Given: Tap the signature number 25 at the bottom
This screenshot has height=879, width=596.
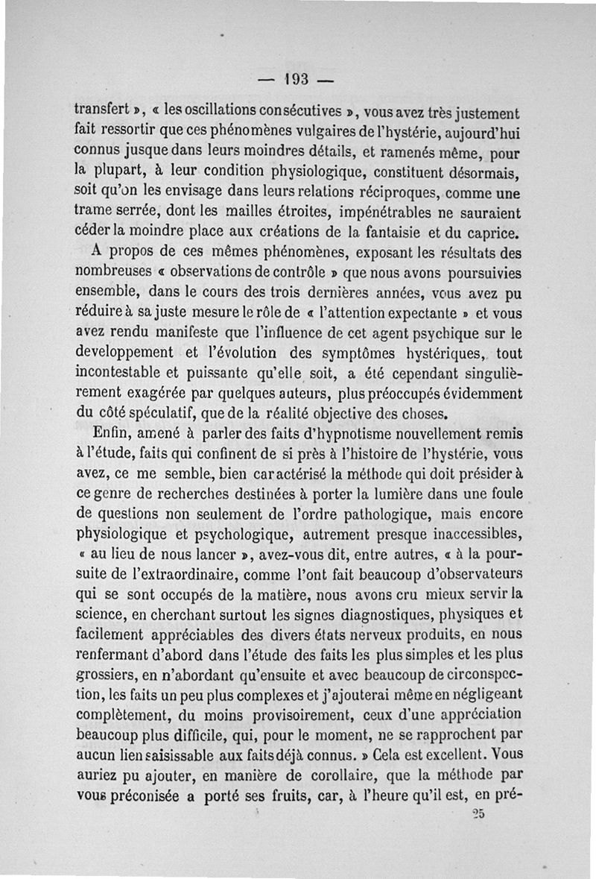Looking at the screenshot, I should tap(478, 814).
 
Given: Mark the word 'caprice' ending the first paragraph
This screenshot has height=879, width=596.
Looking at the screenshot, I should tap(490, 233).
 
